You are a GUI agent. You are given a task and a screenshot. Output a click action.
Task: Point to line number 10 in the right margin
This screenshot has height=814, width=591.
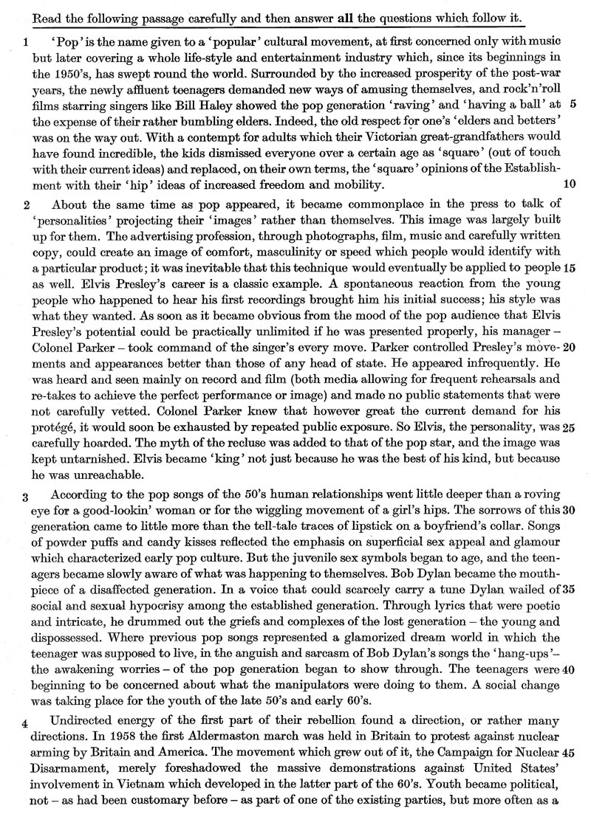(x=569, y=183)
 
